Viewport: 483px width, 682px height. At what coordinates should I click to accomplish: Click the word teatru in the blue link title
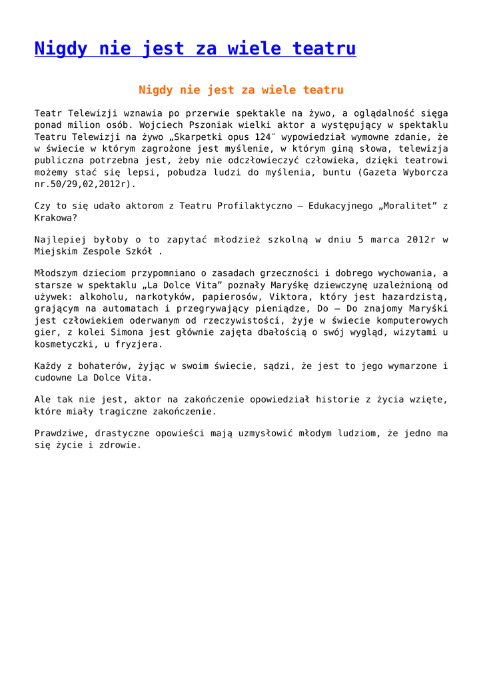[x=323, y=49]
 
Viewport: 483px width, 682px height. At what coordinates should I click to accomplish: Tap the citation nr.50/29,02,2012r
[x=85, y=184]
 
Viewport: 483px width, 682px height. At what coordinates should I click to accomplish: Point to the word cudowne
[x=54, y=378]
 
